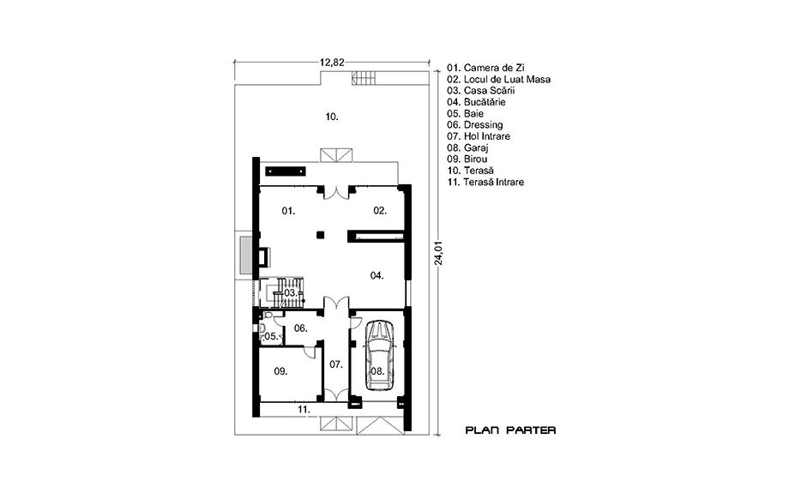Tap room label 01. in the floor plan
click(288, 211)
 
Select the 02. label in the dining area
click(380, 211)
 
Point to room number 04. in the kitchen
click(376, 275)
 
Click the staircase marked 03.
click(282, 292)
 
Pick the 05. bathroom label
click(271, 337)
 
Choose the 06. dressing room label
click(300, 328)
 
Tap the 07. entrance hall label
click(335, 364)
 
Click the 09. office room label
click(280, 371)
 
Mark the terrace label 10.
click(332, 117)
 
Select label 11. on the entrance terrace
click(303, 410)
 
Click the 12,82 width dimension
click(332, 63)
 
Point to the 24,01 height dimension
click(439, 251)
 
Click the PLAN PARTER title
click(511, 430)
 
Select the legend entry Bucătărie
click(485, 102)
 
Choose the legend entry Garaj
click(476, 147)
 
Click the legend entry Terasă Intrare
click(494, 182)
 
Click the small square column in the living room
click(320, 234)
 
